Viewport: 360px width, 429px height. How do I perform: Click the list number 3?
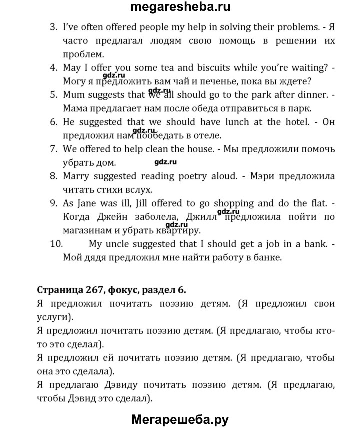click(x=54, y=26)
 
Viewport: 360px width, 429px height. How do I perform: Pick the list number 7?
click(x=54, y=148)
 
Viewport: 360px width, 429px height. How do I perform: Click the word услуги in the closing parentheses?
click(x=54, y=317)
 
